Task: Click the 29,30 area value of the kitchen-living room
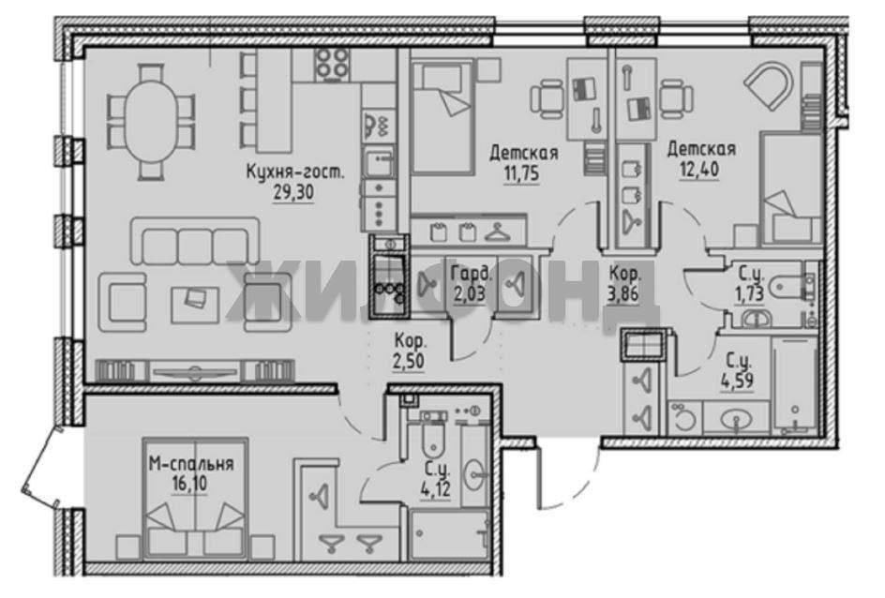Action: [x=293, y=192]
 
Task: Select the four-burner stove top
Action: [x=332, y=64]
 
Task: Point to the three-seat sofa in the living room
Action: [x=195, y=242]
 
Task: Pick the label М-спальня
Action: [x=191, y=464]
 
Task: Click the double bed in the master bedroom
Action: [x=195, y=498]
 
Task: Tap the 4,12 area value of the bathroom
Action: [x=435, y=488]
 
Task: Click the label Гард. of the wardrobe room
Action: [x=472, y=275]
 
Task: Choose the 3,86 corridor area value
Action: [x=623, y=294]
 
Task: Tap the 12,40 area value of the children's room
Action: [x=699, y=169]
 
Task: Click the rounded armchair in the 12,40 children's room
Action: [x=769, y=84]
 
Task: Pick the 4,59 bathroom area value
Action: [x=737, y=380]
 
